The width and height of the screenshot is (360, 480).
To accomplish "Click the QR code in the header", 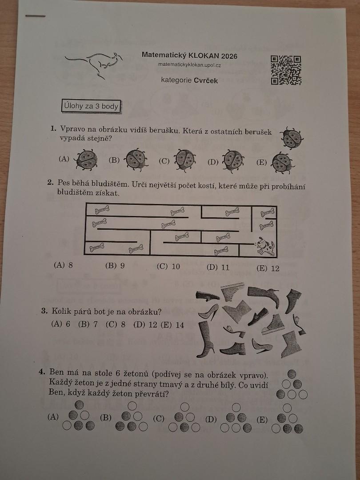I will (286, 70).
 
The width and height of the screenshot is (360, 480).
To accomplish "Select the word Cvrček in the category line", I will (206, 81).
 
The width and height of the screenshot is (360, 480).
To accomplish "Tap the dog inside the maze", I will (265, 246).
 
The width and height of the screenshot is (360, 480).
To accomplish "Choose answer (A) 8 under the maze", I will (63, 265).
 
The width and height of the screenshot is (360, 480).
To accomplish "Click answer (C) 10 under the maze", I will (168, 267).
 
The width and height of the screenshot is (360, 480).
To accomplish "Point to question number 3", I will (44, 312).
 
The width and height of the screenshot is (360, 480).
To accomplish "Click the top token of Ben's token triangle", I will (292, 374).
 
